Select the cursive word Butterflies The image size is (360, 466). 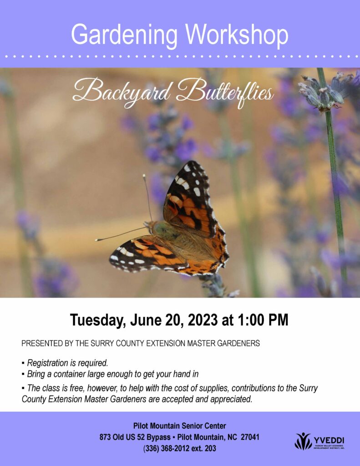pyautogui.click(x=225, y=92)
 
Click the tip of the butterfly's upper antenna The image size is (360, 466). pyautogui.click(x=144, y=176)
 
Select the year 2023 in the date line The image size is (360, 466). pyautogui.click(x=203, y=320)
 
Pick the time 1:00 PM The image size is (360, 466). pyautogui.click(x=263, y=320)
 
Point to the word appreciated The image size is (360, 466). pyautogui.click(x=231, y=399)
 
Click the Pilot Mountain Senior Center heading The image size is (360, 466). pyautogui.click(x=180, y=426)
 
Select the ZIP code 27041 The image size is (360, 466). pyautogui.click(x=250, y=437)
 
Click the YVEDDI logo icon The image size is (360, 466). pyautogui.click(x=303, y=441)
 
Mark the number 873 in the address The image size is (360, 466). pyautogui.click(x=105, y=437)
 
